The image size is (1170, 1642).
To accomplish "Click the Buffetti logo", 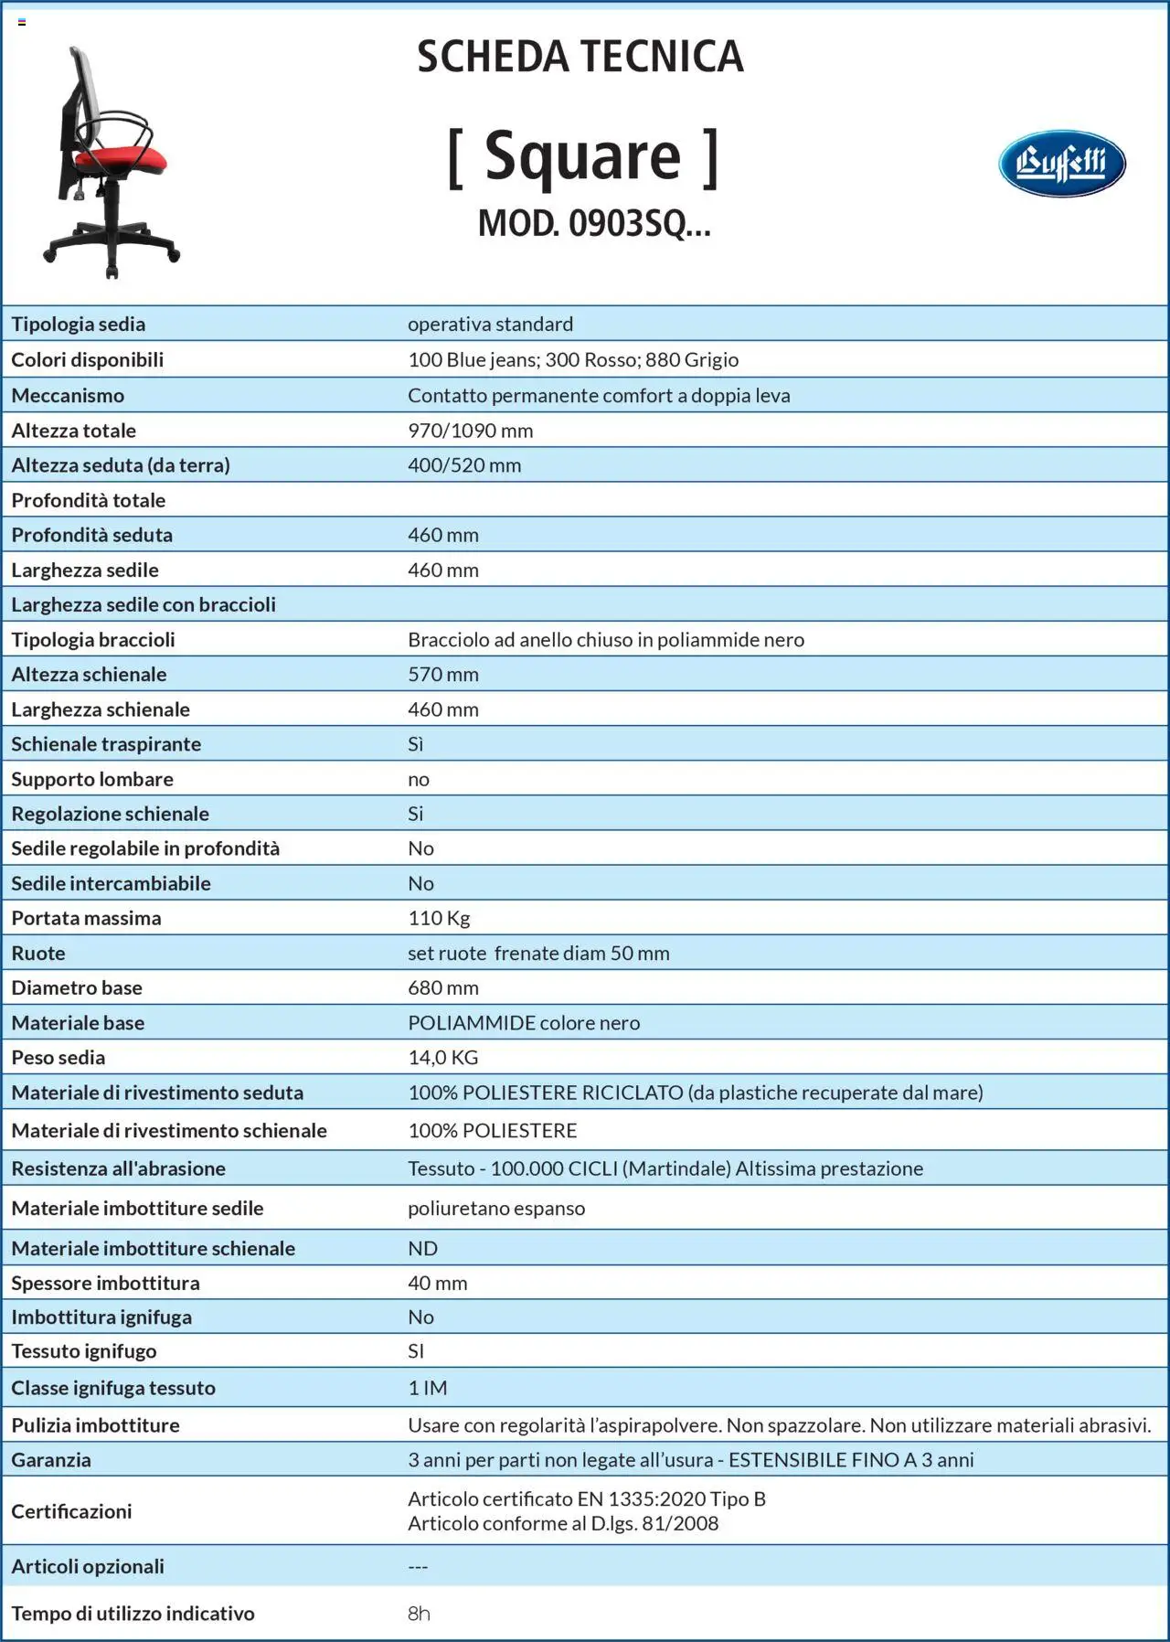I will tap(1061, 164).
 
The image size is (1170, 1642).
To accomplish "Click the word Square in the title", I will tap(582, 156).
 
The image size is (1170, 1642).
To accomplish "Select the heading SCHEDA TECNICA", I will tap(580, 57).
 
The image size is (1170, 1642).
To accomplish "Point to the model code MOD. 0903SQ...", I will tap(593, 223).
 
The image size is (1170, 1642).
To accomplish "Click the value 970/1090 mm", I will tap(470, 431).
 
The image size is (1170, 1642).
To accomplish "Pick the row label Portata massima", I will tap(86, 918).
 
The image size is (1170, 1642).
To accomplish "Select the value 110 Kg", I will tap(439, 918).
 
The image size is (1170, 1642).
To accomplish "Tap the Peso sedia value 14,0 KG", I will tap(442, 1058).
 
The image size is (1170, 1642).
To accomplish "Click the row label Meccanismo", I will tap(68, 396).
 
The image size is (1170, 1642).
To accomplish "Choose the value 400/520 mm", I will tap(464, 465).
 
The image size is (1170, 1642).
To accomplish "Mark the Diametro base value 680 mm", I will tap(442, 988).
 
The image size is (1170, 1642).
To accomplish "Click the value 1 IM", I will tap(427, 1388).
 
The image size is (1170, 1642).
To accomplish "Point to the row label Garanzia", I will tap(51, 1460).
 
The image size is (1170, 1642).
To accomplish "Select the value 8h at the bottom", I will tap(419, 1614).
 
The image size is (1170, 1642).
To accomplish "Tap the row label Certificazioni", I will tap(71, 1511).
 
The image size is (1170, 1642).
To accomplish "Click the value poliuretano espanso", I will tap(496, 1209).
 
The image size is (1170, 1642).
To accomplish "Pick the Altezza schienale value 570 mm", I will tap(442, 675).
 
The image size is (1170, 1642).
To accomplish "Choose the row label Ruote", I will tap(38, 954).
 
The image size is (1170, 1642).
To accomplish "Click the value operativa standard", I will tap(490, 325).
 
